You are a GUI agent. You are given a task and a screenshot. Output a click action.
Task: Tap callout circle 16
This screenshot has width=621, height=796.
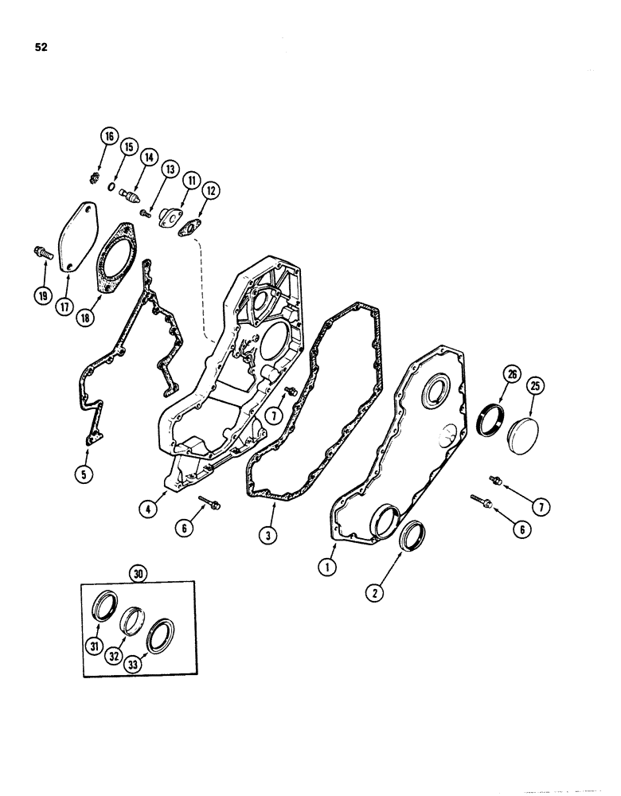tap(108, 137)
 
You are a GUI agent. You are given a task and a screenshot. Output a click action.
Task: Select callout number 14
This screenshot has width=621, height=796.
tap(147, 158)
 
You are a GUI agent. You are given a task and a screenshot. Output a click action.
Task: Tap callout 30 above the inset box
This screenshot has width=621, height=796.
tap(139, 572)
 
